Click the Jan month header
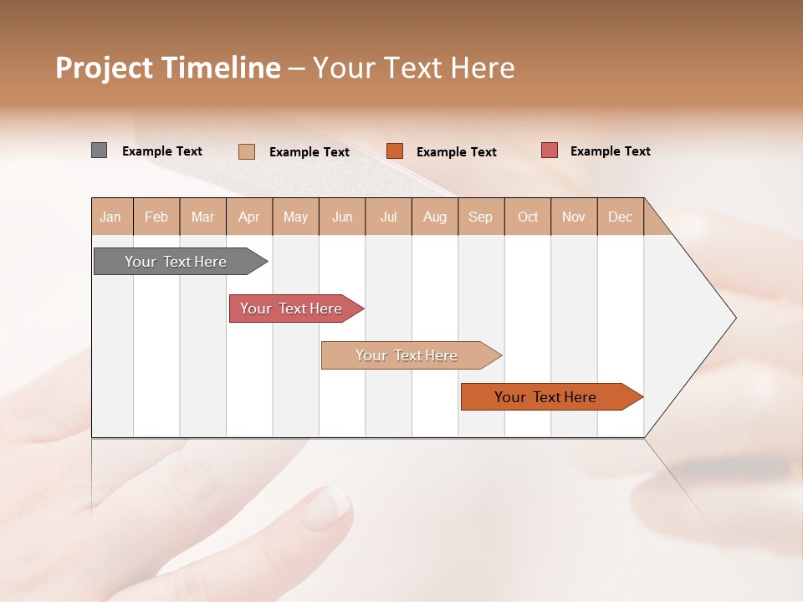coord(110,217)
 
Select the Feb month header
coord(156,217)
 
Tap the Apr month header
coord(248,217)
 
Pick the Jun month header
coord(342,217)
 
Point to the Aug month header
coord(434,217)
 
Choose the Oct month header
coord(528,217)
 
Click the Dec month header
coord(620,217)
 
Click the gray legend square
coord(99,150)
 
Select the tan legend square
coord(247,151)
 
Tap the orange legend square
coord(395,151)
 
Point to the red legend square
coord(549,150)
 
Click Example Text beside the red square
coord(610,151)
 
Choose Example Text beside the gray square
coord(161,151)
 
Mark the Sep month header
coord(480,217)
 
